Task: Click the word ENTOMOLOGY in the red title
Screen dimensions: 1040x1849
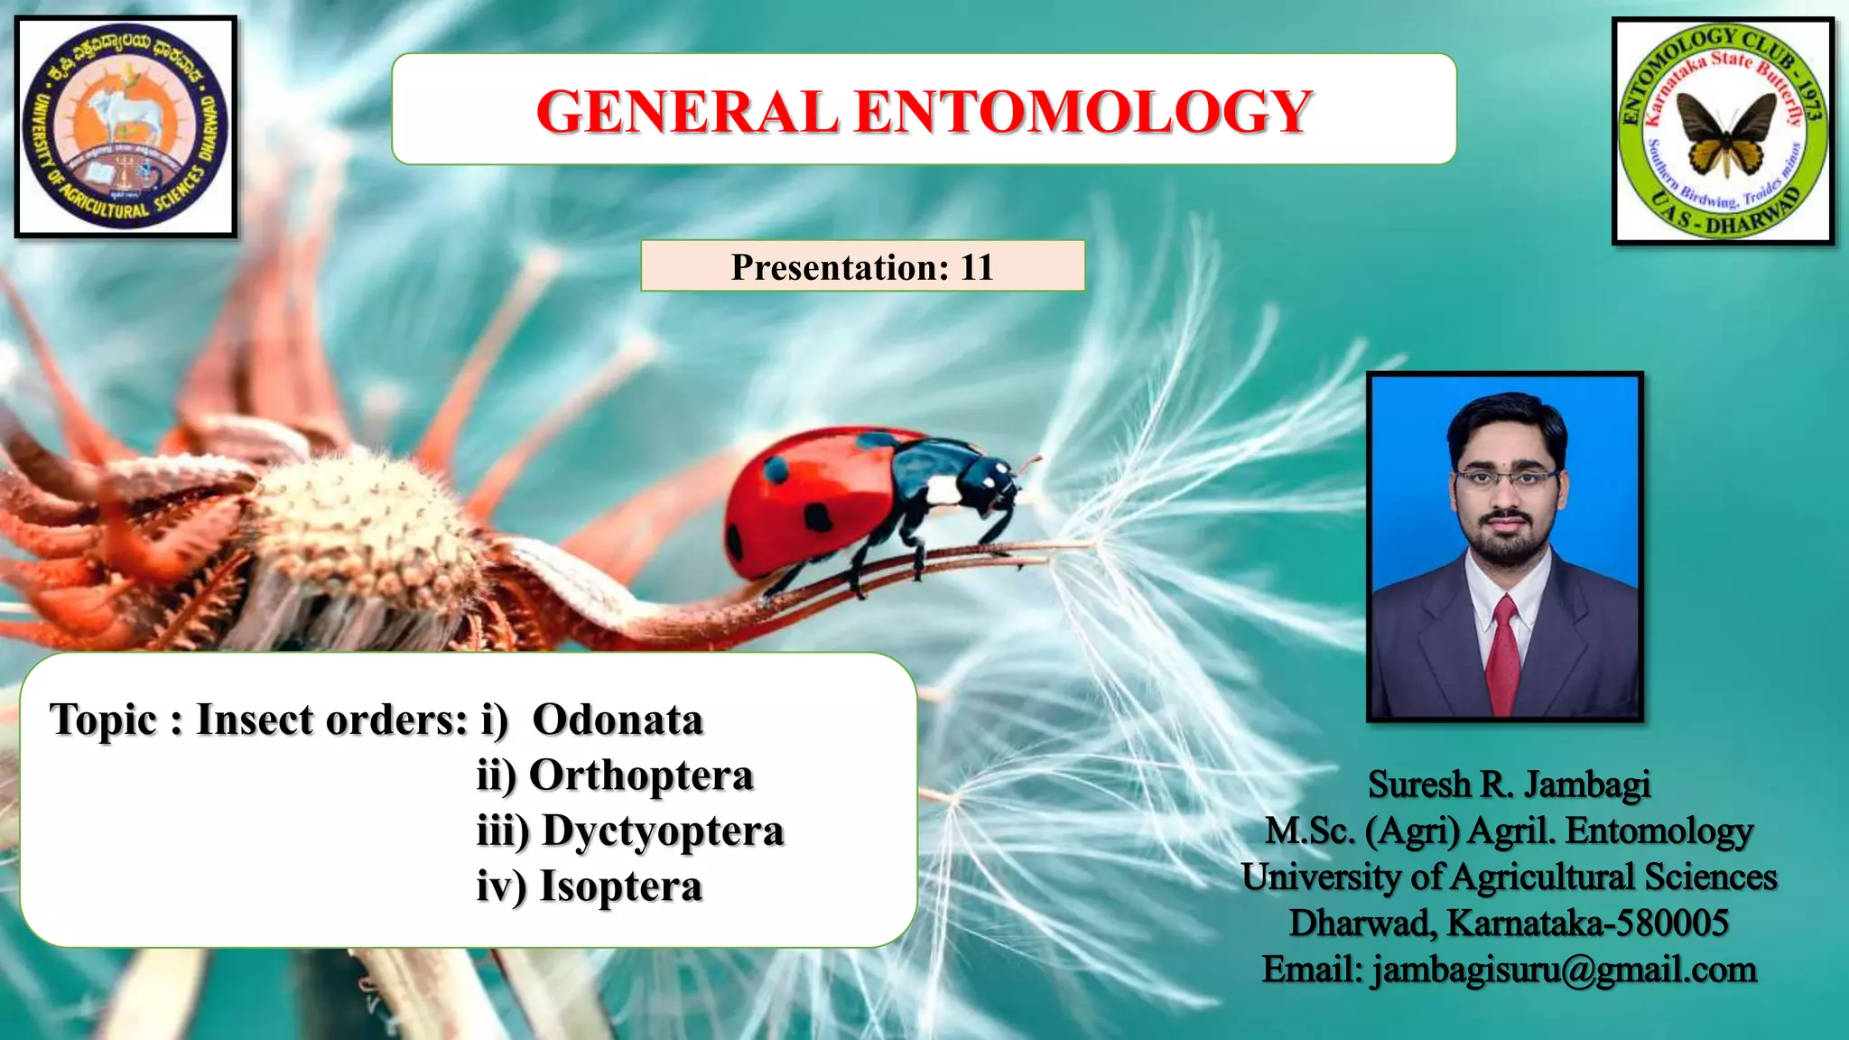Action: tap(1083, 112)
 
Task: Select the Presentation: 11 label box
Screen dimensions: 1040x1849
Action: tap(862, 266)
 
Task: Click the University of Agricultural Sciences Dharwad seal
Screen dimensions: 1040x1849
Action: tap(125, 127)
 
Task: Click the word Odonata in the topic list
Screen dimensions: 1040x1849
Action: tap(618, 720)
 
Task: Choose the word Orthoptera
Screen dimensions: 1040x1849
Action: tap(641, 775)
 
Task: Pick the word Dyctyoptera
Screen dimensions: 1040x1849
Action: tap(663, 831)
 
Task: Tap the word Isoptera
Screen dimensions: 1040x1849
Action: tap(620, 887)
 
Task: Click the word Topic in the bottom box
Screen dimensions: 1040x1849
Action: tap(104, 720)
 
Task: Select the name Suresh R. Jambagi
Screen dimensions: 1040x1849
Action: tap(1509, 784)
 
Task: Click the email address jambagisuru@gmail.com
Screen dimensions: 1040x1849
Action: tap(1564, 970)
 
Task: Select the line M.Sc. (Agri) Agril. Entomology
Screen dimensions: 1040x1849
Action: tap(1509, 831)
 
